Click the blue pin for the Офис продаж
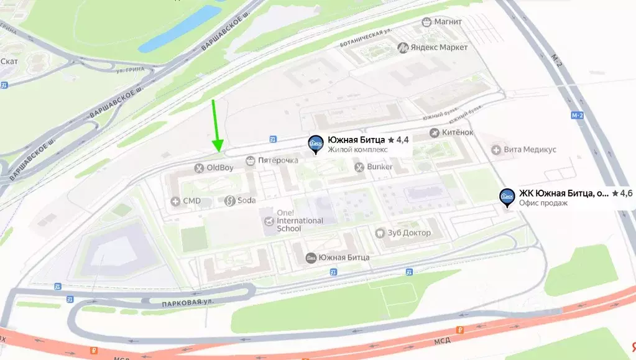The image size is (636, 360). pyautogui.click(x=507, y=197)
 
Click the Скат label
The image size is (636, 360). pyautogui.click(x=9, y=61)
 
